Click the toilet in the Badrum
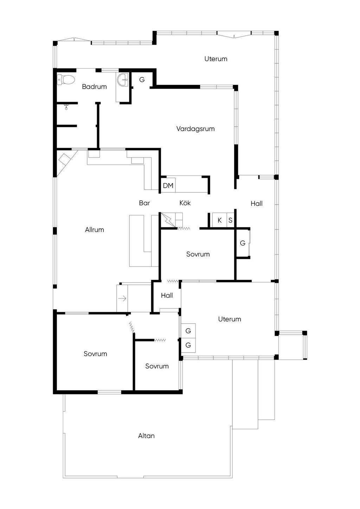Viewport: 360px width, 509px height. [x=66, y=79]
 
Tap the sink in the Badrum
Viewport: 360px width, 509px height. [x=123, y=80]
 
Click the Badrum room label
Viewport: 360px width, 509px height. [x=94, y=86]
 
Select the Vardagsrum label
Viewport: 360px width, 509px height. [x=195, y=129]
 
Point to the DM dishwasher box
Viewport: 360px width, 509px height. [x=168, y=185]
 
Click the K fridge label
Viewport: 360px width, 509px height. [x=220, y=220]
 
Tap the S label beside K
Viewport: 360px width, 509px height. [x=230, y=220]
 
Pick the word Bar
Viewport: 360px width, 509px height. [x=144, y=203]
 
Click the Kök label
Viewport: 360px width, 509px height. [x=185, y=203]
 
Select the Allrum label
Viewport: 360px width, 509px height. [x=94, y=230]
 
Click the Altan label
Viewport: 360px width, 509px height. [x=146, y=436]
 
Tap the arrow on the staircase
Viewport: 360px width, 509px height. [x=122, y=298]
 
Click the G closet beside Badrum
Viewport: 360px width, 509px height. [x=142, y=80]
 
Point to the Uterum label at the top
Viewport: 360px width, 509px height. [x=216, y=59]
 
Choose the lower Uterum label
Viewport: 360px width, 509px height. [x=229, y=319]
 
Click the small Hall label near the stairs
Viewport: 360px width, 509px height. [x=167, y=295]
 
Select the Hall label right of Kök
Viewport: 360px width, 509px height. [x=256, y=203]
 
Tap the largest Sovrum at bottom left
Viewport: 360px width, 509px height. [x=95, y=354]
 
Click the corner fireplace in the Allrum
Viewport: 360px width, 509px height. [x=65, y=160]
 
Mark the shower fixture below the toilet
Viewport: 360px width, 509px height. [x=66, y=107]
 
